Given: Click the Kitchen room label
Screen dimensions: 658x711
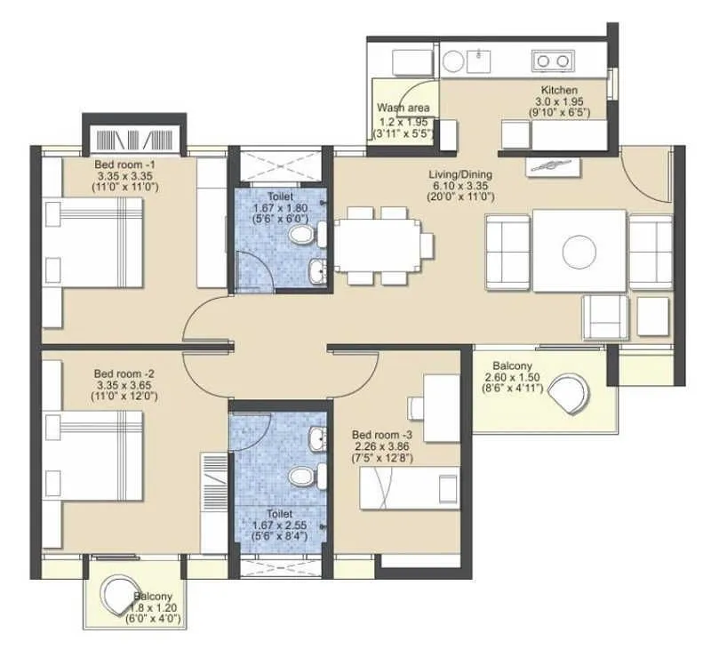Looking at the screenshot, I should click(560, 91).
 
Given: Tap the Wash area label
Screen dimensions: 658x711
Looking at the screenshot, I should click(403, 108).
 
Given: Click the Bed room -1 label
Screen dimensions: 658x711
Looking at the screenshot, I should click(125, 164).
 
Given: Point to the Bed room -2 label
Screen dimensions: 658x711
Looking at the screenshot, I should click(125, 373).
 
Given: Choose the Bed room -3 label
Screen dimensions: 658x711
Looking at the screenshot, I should click(381, 434).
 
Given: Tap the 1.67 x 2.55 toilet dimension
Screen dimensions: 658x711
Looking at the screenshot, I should click(280, 525).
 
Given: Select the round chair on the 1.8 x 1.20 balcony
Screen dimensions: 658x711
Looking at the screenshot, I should click(116, 591).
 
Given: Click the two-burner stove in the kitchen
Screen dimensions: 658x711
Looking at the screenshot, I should click(552, 60).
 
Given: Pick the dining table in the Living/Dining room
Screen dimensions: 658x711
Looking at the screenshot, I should click(378, 245).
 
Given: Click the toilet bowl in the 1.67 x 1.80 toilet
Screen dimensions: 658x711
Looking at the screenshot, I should click(303, 236).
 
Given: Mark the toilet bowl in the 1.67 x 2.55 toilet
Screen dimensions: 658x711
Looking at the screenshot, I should click(302, 477).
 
